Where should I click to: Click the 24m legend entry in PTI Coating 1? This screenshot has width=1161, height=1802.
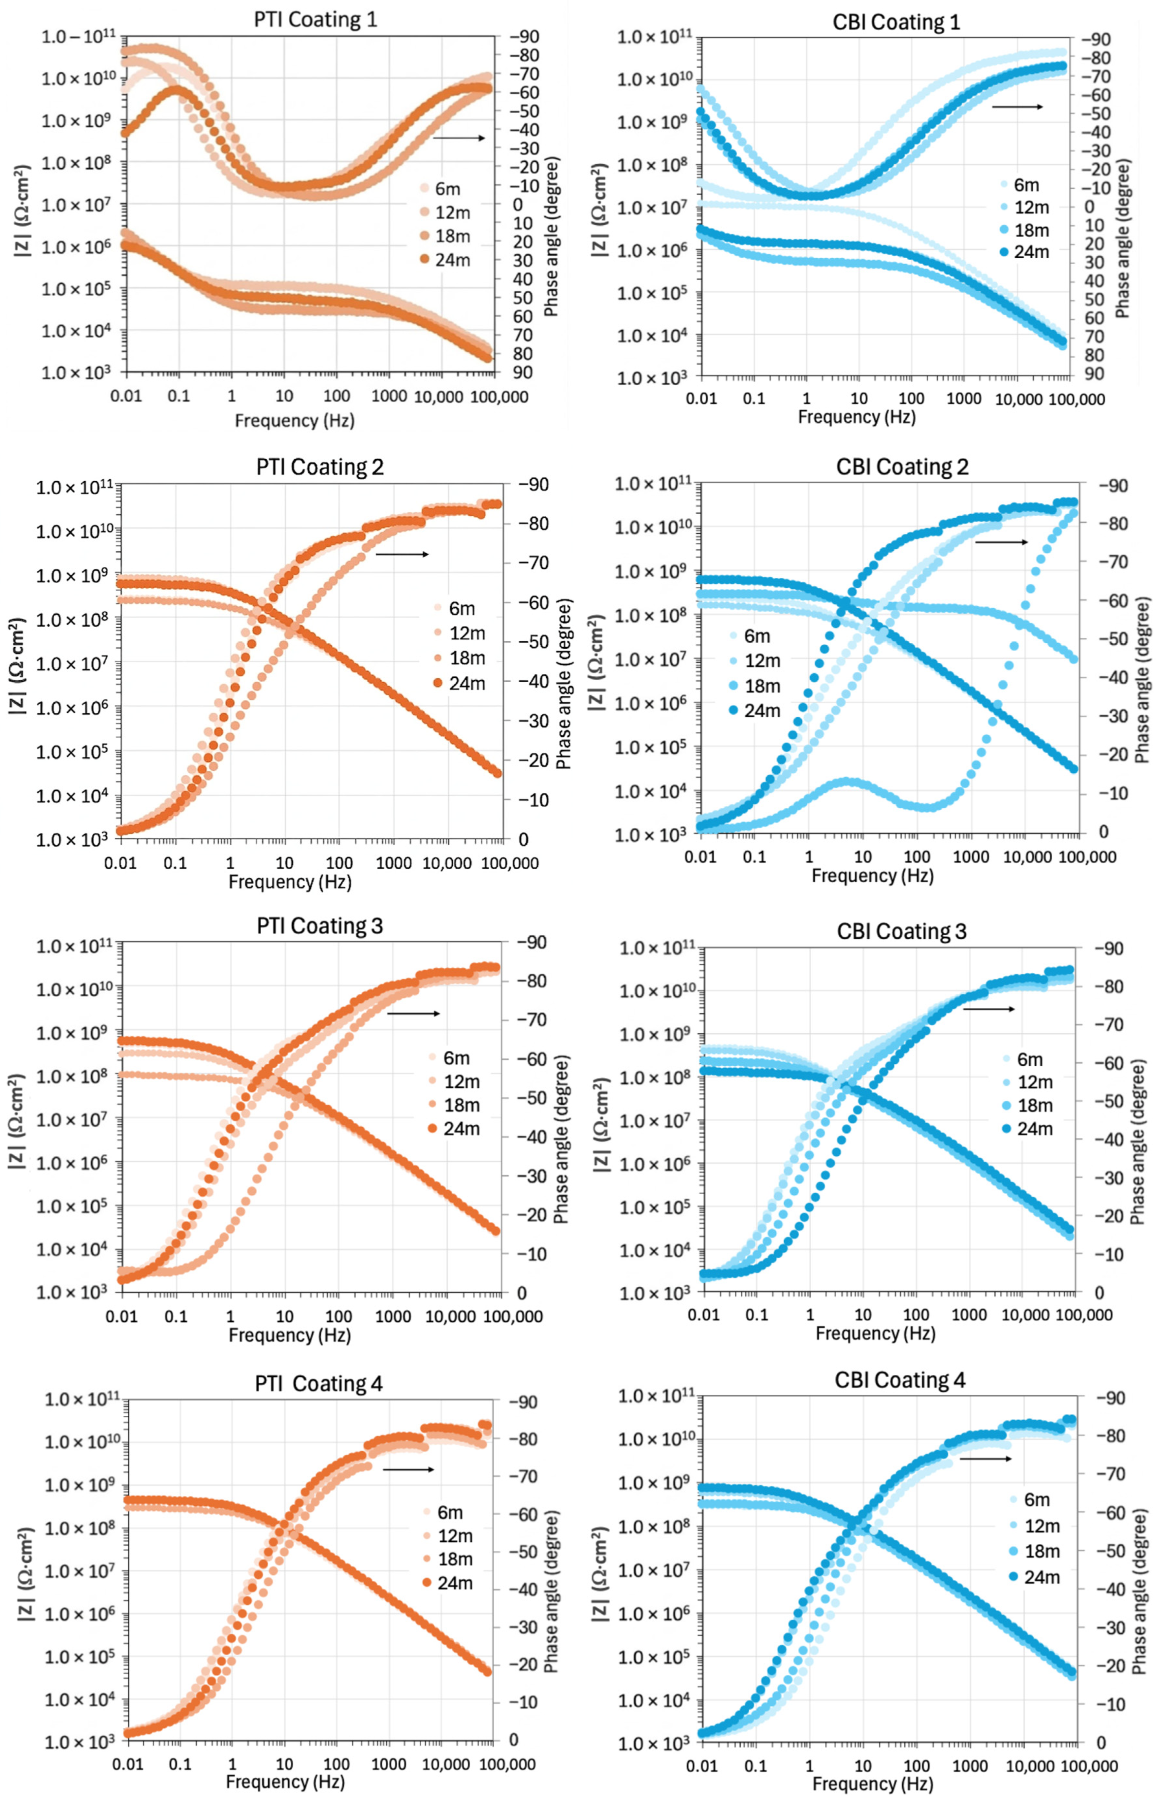445,259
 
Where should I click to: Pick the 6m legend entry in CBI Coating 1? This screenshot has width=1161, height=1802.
1019,185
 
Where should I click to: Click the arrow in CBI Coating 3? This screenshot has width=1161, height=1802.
989,1009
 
